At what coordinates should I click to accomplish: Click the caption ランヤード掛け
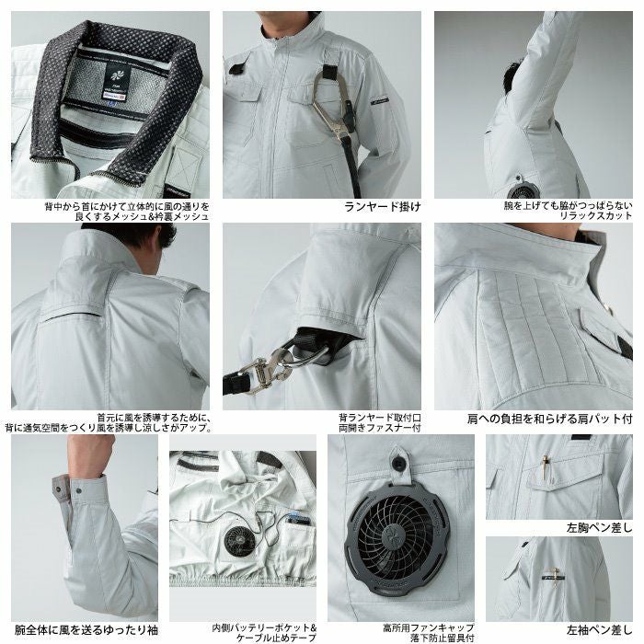point(383,206)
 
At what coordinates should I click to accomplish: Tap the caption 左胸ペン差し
point(599,528)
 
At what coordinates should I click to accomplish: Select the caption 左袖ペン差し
point(599,629)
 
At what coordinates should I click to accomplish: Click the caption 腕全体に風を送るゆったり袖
point(86,630)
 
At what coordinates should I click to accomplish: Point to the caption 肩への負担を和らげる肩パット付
point(550,419)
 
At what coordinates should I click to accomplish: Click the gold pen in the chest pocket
point(546,466)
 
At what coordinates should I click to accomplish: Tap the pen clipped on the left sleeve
point(556,576)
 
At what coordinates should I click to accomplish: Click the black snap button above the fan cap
point(397,464)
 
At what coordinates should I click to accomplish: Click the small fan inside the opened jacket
point(237,541)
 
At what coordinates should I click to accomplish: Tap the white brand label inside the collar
point(111,98)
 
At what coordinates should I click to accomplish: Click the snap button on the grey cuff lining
point(58,489)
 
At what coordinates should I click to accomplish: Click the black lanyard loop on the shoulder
point(329,73)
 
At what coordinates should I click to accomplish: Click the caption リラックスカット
point(596,216)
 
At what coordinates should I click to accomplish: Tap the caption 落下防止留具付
point(442,638)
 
